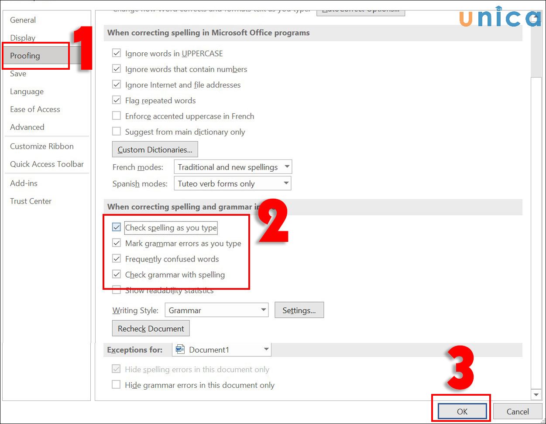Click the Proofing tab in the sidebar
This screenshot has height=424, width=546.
[25, 56]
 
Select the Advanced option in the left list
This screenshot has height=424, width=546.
[27, 127]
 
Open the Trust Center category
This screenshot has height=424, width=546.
[31, 201]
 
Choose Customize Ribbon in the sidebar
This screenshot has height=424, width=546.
[41, 146]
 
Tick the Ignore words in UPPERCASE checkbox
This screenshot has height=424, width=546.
[117, 54]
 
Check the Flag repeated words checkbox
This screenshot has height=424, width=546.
[117, 101]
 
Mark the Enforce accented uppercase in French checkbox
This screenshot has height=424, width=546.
[117, 116]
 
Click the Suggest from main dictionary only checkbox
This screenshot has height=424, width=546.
[117, 132]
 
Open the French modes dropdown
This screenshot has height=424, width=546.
[233, 167]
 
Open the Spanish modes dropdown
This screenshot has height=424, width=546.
[232, 184]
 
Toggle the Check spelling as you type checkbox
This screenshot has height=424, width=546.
[117, 227]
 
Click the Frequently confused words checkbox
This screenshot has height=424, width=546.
[117, 259]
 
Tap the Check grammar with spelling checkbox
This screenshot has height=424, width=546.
[117, 275]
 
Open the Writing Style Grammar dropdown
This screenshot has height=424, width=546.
[216, 311]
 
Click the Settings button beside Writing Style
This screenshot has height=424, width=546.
[299, 311]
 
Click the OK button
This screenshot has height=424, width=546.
[462, 411]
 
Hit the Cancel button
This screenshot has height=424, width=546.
[518, 411]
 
